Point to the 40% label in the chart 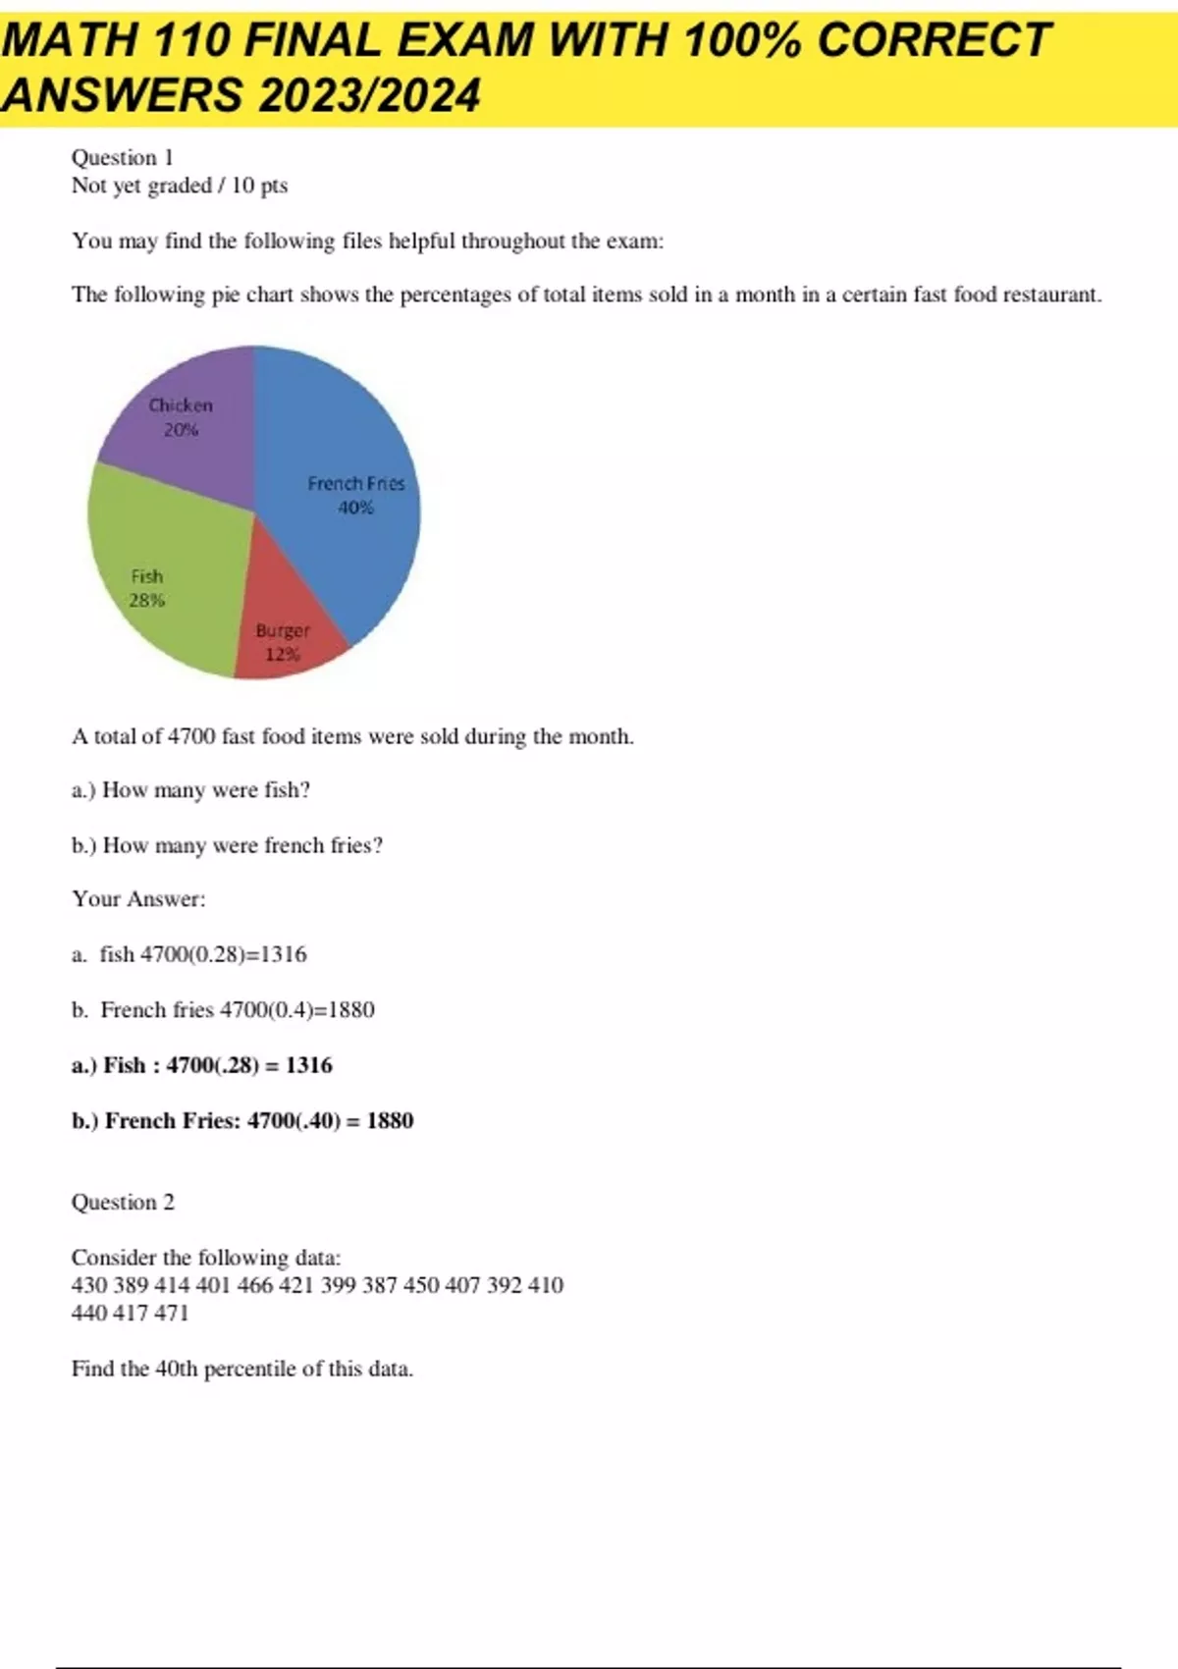[355, 508]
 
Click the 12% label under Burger [283, 655]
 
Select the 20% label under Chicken [181, 430]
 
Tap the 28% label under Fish [147, 601]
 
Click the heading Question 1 [123, 158]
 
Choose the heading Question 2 [123, 1203]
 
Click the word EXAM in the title [466, 41]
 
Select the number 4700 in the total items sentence [191, 736]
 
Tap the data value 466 [254, 1285]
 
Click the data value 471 [171, 1313]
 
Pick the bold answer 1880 [390, 1121]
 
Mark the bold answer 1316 [309, 1065]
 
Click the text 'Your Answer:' [138, 899]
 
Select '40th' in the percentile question [177, 1369]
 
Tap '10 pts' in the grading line [259, 186]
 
